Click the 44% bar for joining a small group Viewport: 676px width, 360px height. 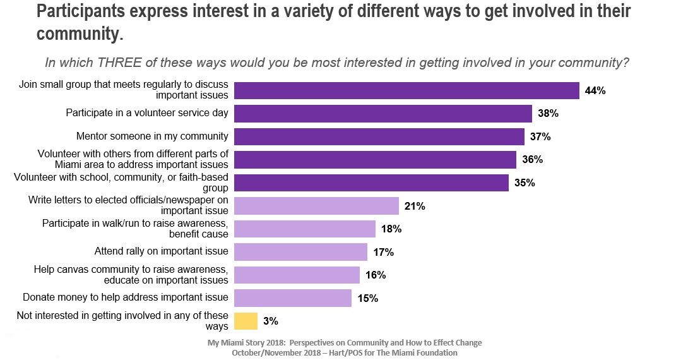pos(406,90)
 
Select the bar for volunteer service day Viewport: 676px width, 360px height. pos(383,114)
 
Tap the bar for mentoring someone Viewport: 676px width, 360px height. pos(379,136)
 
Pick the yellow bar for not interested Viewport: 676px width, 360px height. pos(246,321)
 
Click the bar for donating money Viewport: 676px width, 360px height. pos(293,298)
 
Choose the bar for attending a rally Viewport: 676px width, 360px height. pos(300,252)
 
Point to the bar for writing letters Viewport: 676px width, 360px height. pos(316,206)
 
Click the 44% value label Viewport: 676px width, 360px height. pos(595,91)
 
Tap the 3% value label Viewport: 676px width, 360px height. pos(271,321)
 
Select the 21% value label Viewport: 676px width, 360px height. pos(415,207)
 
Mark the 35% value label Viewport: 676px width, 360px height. pos(525,183)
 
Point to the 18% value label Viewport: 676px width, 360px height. pos(391,229)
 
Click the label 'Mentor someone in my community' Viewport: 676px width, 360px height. pos(151,136)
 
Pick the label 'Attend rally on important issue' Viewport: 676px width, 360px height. pos(161,251)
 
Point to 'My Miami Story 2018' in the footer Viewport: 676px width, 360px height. pos(247,343)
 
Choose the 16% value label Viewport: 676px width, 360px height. pos(376,275)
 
